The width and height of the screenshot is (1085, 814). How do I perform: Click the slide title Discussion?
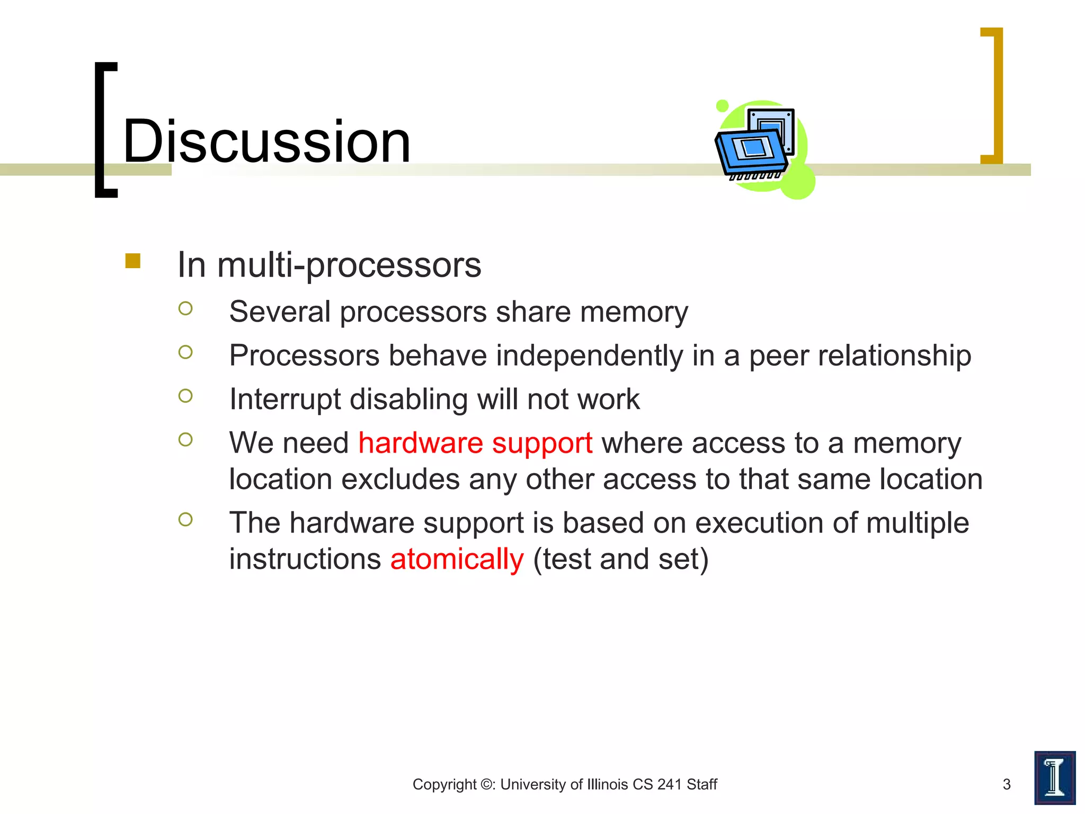point(266,141)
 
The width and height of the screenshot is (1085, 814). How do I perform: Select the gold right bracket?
point(992,95)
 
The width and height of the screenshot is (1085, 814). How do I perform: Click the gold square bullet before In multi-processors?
point(132,261)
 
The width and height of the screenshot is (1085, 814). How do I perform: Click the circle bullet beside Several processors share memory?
point(185,308)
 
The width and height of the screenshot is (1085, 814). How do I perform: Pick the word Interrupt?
point(285,399)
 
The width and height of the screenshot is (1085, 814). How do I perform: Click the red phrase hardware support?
point(475,443)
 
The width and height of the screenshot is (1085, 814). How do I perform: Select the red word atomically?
point(457,559)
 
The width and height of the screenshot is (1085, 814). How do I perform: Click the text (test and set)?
point(620,559)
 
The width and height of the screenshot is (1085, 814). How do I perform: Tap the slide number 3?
point(1007,784)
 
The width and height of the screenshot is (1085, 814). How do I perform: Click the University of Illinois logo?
point(1054,777)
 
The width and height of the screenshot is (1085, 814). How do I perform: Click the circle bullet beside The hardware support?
point(185,519)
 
